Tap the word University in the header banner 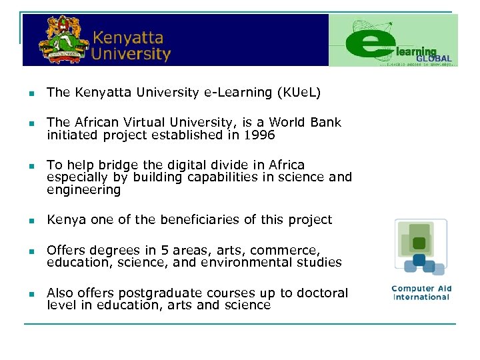click(x=131, y=53)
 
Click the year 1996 click(x=259, y=135)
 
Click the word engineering click(x=83, y=190)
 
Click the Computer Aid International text click(x=421, y=293)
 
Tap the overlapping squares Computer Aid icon click(x=420, y=247)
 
